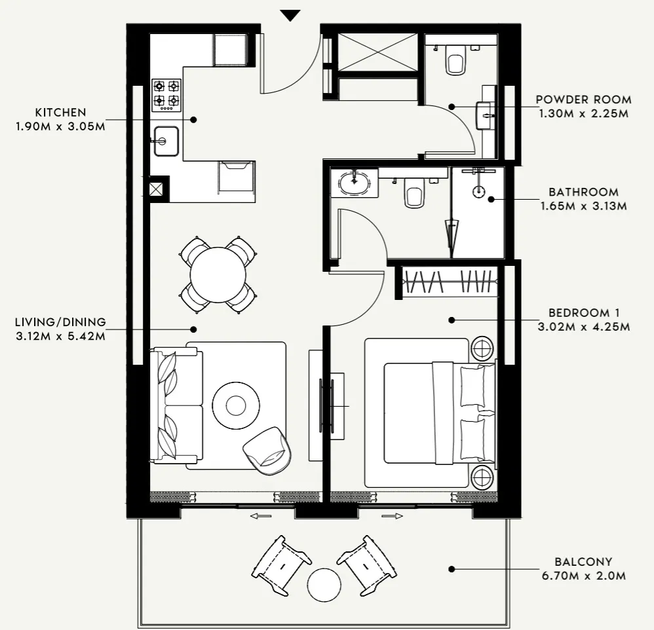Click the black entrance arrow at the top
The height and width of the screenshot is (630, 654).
coord(290,15)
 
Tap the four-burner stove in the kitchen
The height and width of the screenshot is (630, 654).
coord(166,93)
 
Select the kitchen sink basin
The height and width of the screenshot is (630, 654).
coord(166,141)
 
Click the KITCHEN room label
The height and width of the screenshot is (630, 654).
coord(61,113)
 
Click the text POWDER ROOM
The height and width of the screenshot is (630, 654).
coord(583,100)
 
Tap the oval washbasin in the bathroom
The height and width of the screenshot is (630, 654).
coord(354,183)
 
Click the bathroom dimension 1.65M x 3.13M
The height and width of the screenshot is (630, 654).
coord(583,206)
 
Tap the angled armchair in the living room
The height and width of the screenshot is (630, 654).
coord(267,450)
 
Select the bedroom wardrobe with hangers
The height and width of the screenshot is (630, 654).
coord(450,282)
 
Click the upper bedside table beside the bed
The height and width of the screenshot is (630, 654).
coord(483,348)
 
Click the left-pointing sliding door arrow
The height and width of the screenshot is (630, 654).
coord(260,516)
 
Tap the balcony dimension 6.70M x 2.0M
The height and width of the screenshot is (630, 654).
coord(583,576)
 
